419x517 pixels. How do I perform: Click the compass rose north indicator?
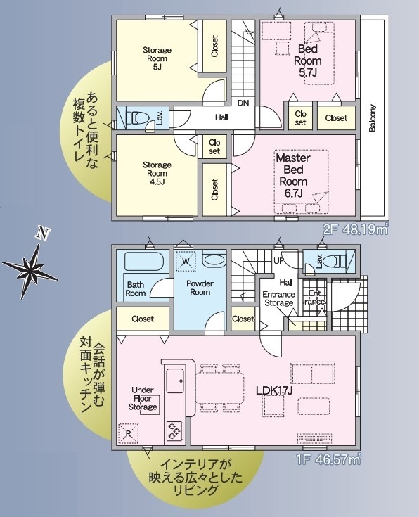[x=31, y=267]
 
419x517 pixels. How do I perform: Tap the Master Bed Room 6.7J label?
[x=293, y=175]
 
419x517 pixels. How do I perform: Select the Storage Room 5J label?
[x=157, y=58]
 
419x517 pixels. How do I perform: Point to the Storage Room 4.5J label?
[x=157, y=173]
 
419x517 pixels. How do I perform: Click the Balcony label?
[x=372, y=118]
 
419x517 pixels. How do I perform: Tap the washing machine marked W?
[x=186, y=262]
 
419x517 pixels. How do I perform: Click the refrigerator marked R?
[x=128, y=433]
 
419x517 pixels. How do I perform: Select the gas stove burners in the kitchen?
[x=174, y=431]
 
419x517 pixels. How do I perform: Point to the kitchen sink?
[x=175, y=381]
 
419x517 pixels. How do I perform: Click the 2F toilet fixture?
[x=138, y=117]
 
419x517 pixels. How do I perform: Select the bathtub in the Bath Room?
[x=143, y=262]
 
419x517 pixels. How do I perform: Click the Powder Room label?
[x=200, y=288]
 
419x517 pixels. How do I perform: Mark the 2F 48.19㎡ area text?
[x=355, y=229]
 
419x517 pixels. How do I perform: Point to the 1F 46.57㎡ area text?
[x=328, y=459]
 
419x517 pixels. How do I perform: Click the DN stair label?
[x=243, y=103]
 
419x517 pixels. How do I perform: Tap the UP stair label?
[x=278, y=261]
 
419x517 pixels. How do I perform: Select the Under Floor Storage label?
[x=143, y=399]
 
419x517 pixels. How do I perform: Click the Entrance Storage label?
[x=279, y=298]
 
